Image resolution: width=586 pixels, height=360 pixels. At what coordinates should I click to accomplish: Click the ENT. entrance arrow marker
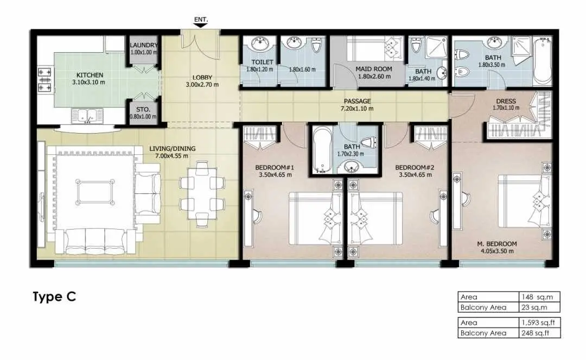point(201,25)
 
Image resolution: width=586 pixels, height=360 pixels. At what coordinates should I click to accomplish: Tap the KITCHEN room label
point(90,75)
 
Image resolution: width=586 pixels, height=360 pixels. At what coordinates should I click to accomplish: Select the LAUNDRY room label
point(143,45)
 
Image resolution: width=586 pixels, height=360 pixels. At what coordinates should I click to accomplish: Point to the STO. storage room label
point(143,110)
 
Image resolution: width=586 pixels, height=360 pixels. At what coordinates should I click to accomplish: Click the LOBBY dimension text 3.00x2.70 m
point(202,85)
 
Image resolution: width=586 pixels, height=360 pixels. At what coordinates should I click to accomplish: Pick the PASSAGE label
point(357,101)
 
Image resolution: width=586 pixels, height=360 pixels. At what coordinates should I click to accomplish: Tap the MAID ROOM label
point(374,69)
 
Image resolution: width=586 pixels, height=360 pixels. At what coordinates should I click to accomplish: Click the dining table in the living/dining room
point(202,194)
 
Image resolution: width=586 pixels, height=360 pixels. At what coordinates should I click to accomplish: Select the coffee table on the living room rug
point(95,192)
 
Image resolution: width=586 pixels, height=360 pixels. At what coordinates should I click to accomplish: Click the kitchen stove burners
point(44,80)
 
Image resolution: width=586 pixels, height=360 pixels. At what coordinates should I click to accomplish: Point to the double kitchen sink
point(87,116)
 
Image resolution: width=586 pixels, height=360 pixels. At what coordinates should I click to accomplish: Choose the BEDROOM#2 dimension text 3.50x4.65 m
point(415,175)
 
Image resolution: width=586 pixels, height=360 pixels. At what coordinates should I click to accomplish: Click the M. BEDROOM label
point(496,244)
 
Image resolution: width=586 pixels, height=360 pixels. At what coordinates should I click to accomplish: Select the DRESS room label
point(506,102)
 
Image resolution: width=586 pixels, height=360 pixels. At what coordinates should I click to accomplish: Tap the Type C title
point(55,297)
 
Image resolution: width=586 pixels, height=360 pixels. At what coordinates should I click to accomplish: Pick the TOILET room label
point(262,62)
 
